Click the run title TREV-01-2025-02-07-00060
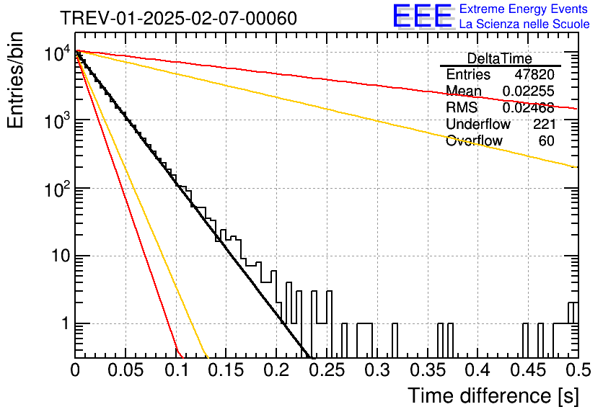(x=179, y=18)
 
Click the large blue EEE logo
(x=423, y=16)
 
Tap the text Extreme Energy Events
(x=524, y=9)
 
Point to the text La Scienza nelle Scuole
(x=524, y=24)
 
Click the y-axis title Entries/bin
(x=16, y=80)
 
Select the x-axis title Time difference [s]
(x=493, y=396)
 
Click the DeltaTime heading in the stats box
(x=500, y=58)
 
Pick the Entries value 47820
(x=534, y=74)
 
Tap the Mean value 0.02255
(x=529, y=91)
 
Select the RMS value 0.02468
(x=529, y=107)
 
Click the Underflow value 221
(x=544, y=124)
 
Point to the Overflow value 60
(x=547, y=140)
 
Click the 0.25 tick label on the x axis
(x=327, y=370)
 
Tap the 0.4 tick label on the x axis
(x=478, y=370)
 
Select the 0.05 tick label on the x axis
(x=126, y=370)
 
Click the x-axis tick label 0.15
(x=226, y=370)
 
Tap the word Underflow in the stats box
(x=478, y=124)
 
